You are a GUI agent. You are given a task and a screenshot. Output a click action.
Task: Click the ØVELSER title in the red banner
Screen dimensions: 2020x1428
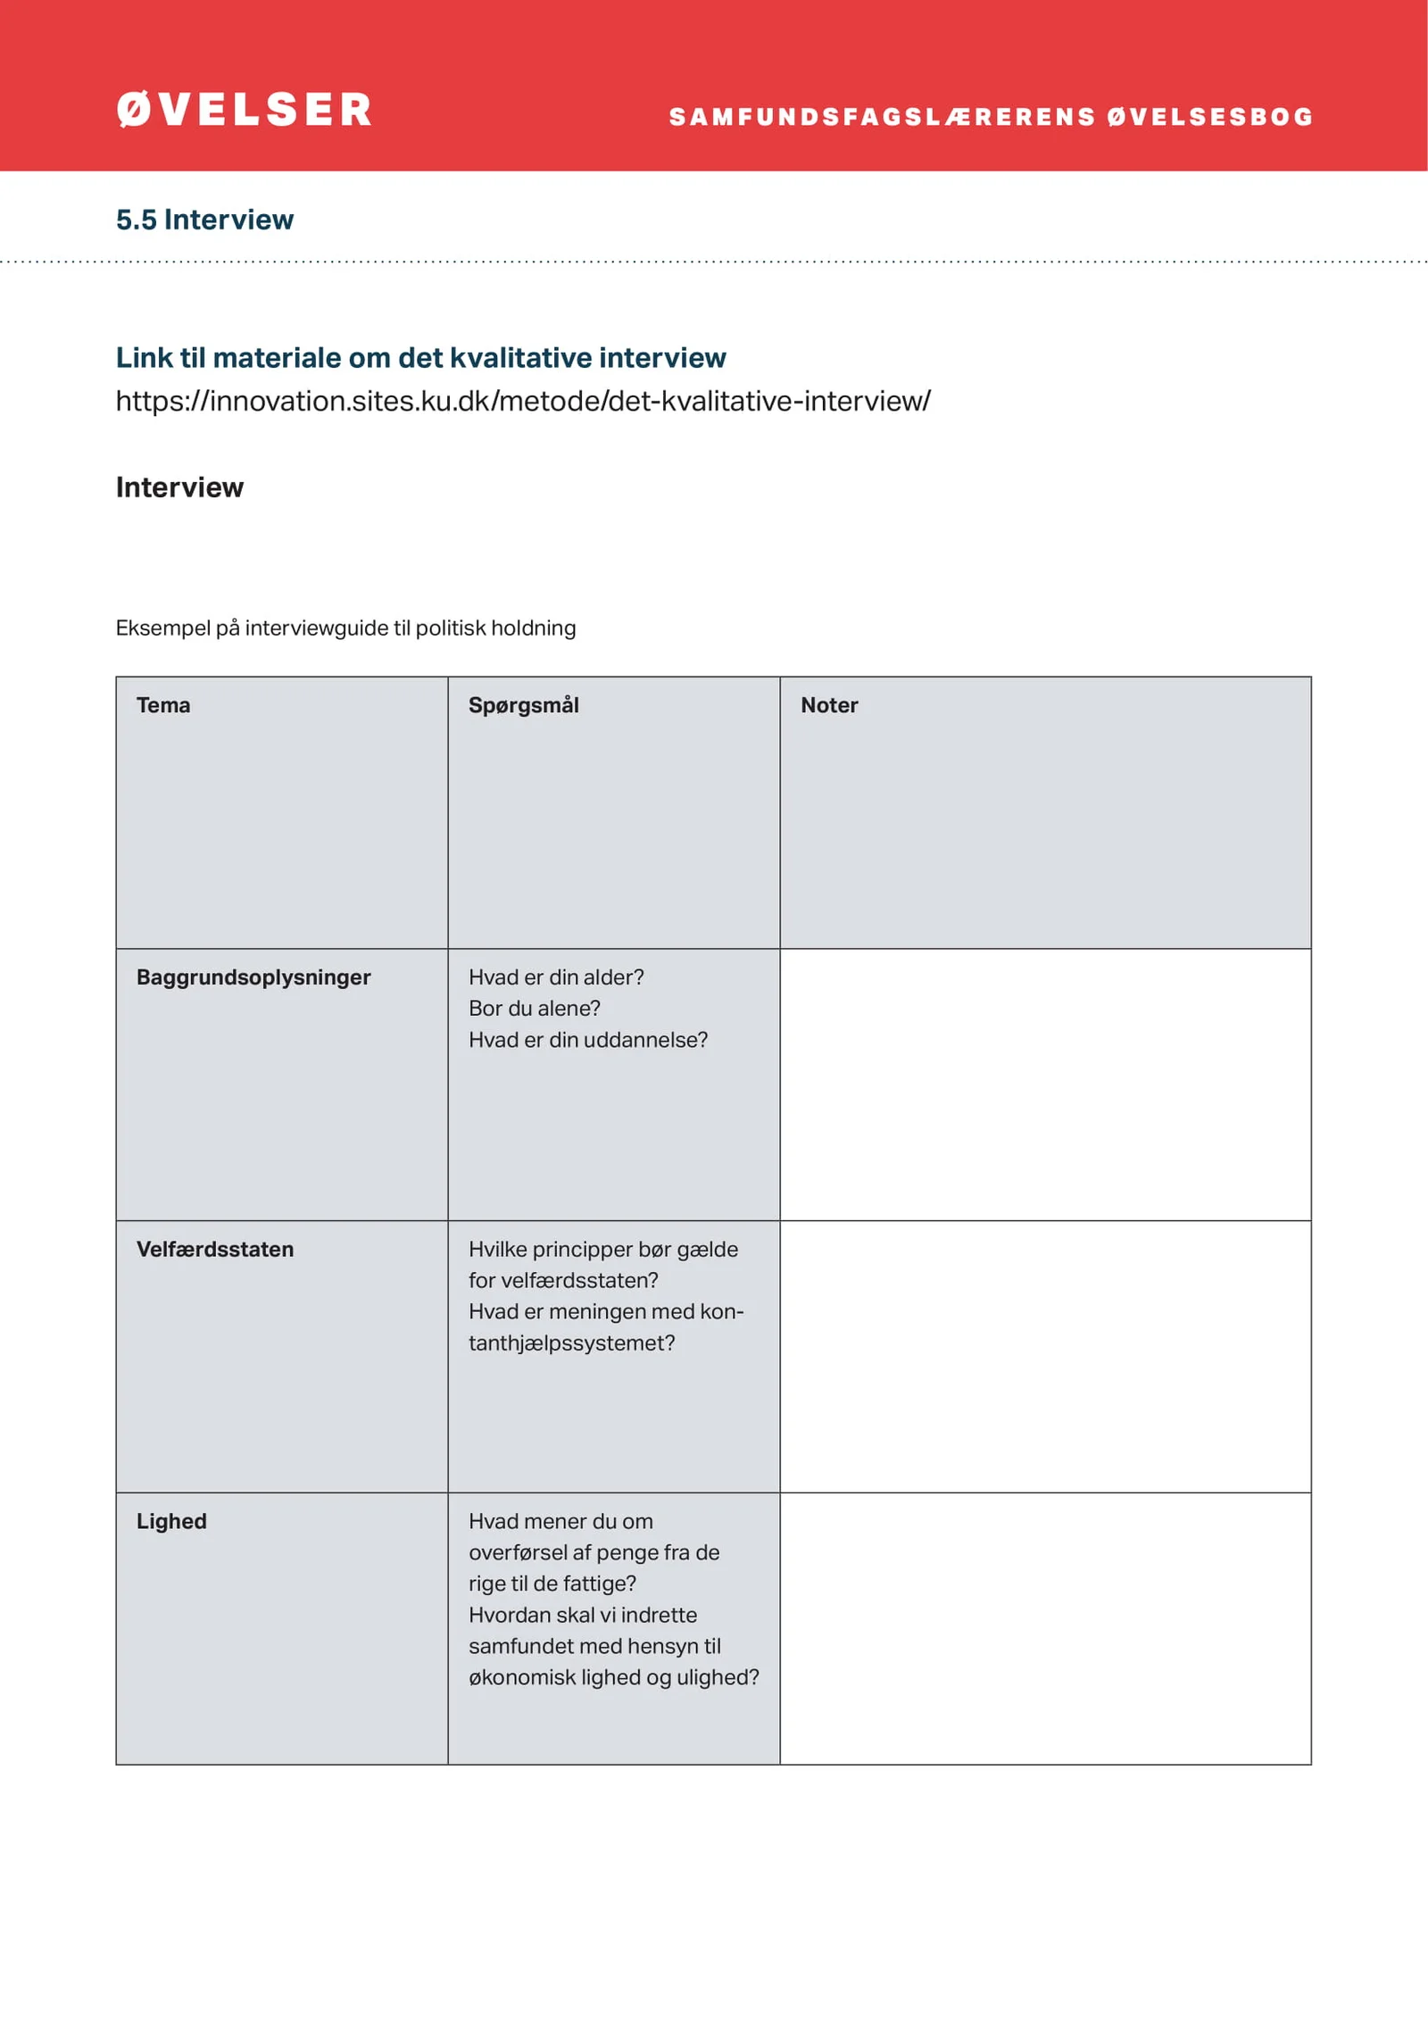click(x=244, y=110)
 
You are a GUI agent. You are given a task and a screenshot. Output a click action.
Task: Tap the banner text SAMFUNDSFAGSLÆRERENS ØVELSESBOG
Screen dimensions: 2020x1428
click(x=991, y=117)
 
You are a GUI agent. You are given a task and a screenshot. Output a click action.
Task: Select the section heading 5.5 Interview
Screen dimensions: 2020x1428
click(x=204, y=220)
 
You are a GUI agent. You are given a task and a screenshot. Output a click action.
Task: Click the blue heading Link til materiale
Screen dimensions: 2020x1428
click(x=420, y=357)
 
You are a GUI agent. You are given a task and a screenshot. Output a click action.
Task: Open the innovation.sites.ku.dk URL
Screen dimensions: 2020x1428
click(x=523, y=401)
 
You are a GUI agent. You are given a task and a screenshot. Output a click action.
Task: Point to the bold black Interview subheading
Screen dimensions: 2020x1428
click(x=179, y=487)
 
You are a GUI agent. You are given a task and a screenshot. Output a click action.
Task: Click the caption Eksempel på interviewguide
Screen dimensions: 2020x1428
click(x=345, y=628)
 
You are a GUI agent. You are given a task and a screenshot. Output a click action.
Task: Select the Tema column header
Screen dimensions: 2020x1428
click(x=163, y=705)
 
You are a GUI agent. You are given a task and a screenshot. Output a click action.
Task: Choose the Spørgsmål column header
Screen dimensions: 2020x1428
click(x=524, y=705)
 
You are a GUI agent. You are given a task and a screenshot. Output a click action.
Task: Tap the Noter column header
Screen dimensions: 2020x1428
click(x=829, y=705)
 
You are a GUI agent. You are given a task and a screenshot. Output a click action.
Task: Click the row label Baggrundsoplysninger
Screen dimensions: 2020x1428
click(x=253, y=977)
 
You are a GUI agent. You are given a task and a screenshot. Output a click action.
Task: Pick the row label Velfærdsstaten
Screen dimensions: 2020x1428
click(x=215, y=1249)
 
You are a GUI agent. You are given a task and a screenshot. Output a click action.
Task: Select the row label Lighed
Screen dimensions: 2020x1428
click(x=171, y=1521)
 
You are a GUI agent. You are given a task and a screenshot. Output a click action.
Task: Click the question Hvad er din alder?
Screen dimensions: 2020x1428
click(x=556, y=977)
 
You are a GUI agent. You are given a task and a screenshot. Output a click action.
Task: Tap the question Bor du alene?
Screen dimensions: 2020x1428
click(x=535, y=1008)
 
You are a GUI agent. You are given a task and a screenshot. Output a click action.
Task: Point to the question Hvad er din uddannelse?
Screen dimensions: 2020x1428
click(x=588, y=1040)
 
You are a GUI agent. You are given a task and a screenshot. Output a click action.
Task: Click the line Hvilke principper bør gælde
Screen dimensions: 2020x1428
click(x=603, y=1249)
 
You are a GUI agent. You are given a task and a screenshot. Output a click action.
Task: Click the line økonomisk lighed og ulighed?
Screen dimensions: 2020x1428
click(x=614, y=1677)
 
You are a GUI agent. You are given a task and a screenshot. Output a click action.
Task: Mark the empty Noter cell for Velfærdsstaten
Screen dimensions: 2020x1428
click(x=1045, y=1356)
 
